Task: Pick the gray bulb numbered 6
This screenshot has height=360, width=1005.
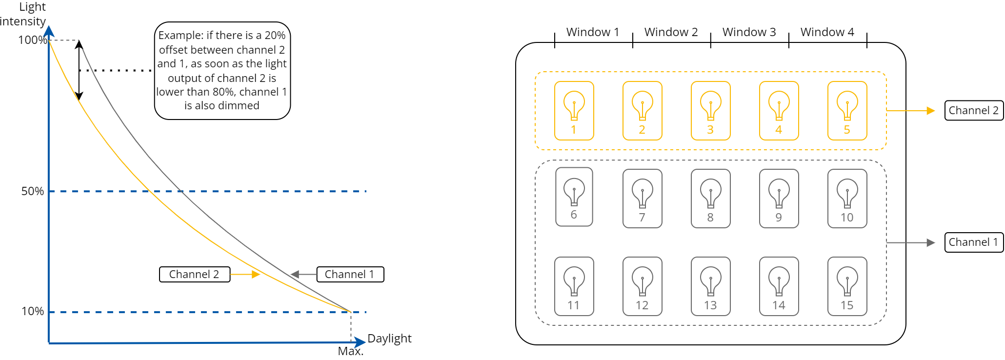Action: pyautogui.click(x=574, y=192)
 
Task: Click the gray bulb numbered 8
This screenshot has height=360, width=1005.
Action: pyautogui.click(x=710, y=193)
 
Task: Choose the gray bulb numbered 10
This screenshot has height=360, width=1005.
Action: pyautogui.click(x=847, y=193)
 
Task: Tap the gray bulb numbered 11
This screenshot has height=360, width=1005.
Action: pyautogui.click(x=574, y=281)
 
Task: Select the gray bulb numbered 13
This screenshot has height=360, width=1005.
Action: pyautogui.click(x=710, y=281)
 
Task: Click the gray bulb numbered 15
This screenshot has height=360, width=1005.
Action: pyautogui.click(x=847, y=281)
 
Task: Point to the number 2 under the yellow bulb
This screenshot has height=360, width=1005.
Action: pyautogui.click(x=642, y=130)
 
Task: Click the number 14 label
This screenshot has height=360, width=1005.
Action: pyautogui.click(x=779, y=305)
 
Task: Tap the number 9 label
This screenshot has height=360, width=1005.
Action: pyautogui.click(x=779, y=218)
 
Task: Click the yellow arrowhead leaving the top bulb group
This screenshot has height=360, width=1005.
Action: pyautogui.click(x=931, y=111)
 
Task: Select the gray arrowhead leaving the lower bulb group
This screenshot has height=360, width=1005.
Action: pyautogui.click(x=931, y=242)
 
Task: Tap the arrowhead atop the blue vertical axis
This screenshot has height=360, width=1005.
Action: pyautogui.click(x=49, y=31)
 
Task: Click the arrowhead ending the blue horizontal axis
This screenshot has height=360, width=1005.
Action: pyautogui.click(x=360, y=342)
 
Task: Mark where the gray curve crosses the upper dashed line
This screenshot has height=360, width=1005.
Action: pyautogui.click(x=180, y=192)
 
